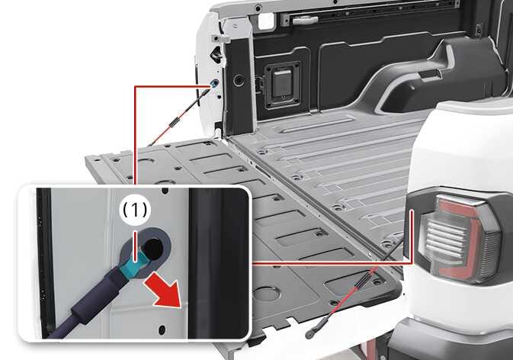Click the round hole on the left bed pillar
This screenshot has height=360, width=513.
[x=239, y=79]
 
